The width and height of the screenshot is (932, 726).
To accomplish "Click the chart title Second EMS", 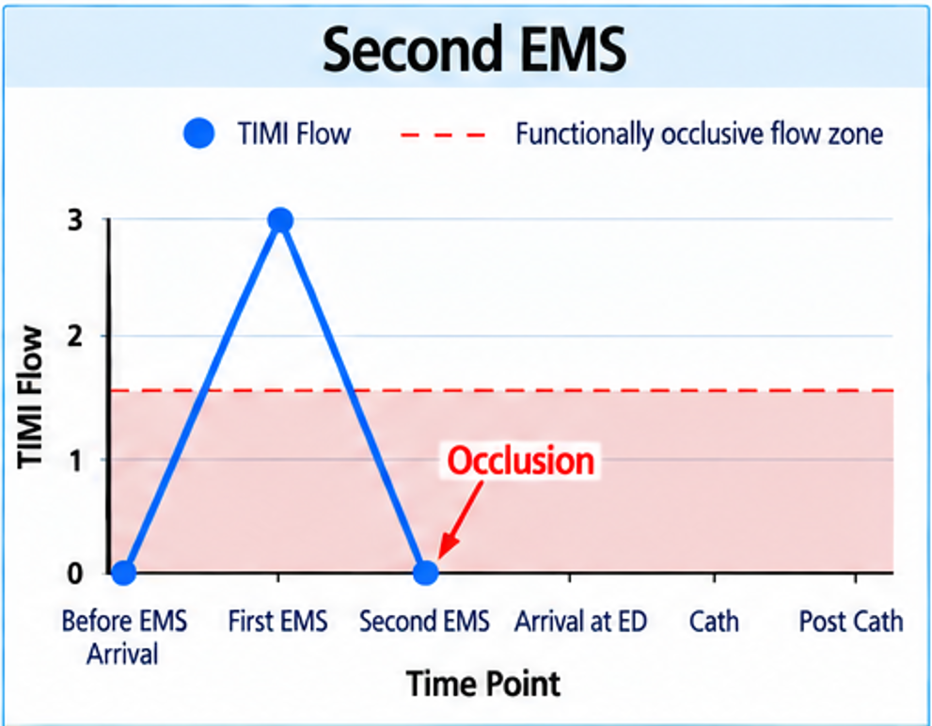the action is [474, 48].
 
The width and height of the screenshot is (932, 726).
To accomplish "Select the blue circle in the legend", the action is [199, 133].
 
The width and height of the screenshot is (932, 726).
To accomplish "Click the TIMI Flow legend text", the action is [294, 134].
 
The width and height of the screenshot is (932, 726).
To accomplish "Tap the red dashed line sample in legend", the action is [443, 135].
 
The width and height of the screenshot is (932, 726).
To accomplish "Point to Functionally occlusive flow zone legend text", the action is [699, 134].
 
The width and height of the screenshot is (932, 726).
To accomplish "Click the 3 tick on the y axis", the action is [75, 221].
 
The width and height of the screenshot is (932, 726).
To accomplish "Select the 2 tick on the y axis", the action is [75, 337].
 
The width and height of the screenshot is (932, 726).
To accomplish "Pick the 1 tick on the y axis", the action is [75, 460].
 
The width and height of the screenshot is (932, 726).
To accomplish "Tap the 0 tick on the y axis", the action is [75, 574].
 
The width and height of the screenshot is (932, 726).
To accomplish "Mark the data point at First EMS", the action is [280, 221].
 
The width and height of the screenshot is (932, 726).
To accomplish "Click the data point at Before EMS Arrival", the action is [123, 573].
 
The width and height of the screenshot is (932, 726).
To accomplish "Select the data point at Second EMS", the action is [426, 573].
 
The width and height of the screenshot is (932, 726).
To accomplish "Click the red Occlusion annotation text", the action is [521, 460].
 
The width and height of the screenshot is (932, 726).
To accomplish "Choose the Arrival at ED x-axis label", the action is [580, 622].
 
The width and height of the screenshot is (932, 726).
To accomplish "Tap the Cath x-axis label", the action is [714, 622].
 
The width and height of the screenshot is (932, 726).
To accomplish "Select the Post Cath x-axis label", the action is [851, 622].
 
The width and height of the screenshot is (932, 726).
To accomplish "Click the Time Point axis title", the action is [483, 684].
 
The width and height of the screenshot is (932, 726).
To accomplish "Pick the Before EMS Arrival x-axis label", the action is [123, 638].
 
